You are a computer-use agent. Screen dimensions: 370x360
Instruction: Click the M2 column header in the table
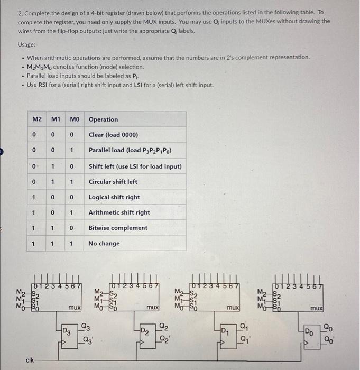35,119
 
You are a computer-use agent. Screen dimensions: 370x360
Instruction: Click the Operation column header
103,119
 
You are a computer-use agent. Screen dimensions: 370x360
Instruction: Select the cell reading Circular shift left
113,182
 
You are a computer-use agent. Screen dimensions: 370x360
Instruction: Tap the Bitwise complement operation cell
118,228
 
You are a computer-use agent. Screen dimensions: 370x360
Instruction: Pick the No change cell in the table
104,244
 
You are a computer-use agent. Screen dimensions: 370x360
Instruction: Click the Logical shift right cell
114,197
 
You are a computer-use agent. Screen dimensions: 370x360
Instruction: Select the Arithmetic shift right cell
119,212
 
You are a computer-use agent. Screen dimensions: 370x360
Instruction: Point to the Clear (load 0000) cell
110,135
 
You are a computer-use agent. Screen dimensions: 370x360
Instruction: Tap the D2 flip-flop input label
144,331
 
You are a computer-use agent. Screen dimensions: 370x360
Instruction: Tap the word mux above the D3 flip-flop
74,307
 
